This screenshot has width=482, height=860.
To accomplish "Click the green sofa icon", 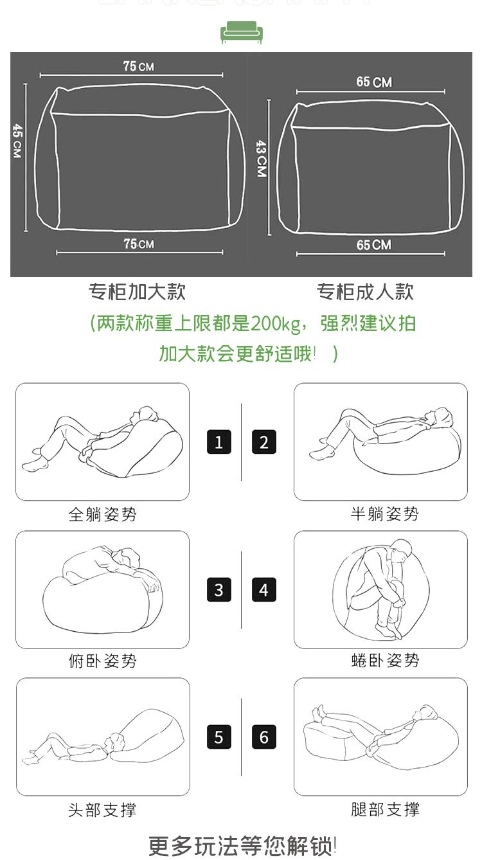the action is pyautogui.click(x=242, y=32).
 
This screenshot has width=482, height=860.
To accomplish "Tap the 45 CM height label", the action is pyautogui.click(x=17, y=141).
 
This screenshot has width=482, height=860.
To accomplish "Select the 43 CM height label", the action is pyautogui.click(x=262, y=158).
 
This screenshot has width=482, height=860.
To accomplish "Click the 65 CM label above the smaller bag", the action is pyautogui.click(x=374, y=82).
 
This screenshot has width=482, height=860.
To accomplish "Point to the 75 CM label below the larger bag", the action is pyautogui.click(x=139, y=244).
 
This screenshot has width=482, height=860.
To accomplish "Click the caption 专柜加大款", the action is pyautogui.click(x=137, y=291).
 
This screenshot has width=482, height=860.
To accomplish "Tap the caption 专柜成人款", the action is pyautogui.click(x=365, y=291).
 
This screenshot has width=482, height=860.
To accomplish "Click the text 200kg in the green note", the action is pyautogui.click(x=276, y=324).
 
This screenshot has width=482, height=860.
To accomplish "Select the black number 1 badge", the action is pyautogui.click(x=219, y=442).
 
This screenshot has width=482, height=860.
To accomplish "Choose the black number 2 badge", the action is pyautogui.click(x=264, y=442).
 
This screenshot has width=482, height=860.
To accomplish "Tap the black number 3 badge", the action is pyautogui.click(x=219, y=589).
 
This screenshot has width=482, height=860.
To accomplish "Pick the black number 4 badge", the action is pyautogui.click(x=264, y=589).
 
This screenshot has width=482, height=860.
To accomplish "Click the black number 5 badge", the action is pyautogui.click(x=219, y=737).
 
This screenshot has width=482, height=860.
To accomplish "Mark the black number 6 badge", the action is pyautogui.click(x=264, y=737).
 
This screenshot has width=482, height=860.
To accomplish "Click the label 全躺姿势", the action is pyautogui.click(x=102, y=514).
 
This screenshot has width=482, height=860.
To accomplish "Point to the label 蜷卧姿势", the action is pyautogui.click(x=386, y=660).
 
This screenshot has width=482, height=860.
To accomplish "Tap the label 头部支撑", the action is pyautogui.click(x=102, y=810).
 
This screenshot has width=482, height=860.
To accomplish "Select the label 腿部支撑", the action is pyautogui.click(x=386, y=809).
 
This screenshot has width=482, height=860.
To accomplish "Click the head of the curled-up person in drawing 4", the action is pyautogui.click(x=402, y=550).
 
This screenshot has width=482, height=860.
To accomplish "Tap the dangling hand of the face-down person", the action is pyautogui.click(x=154, y=586).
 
